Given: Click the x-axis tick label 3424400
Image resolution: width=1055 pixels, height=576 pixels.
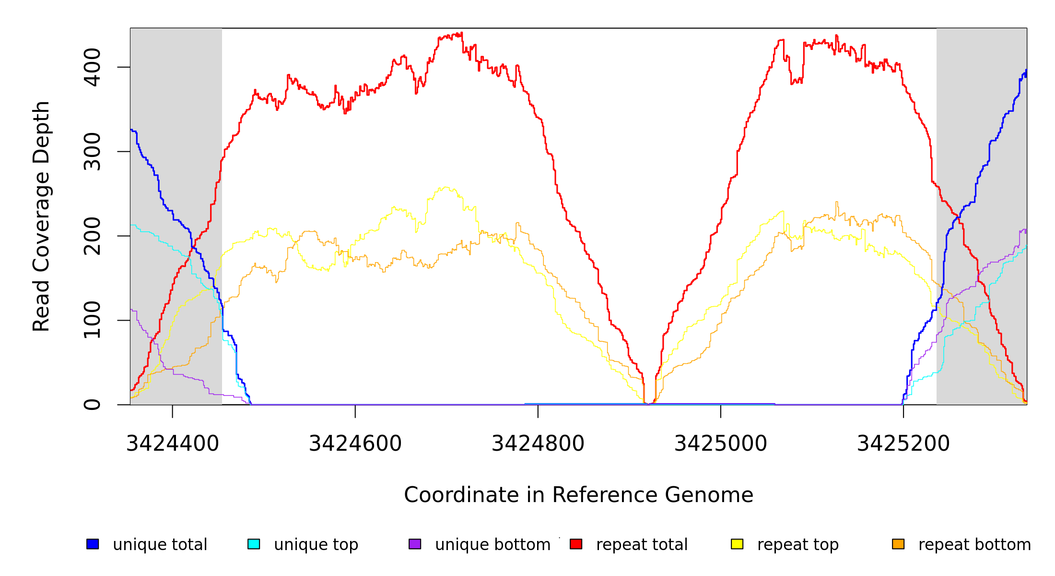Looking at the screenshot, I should [x=172, y=444].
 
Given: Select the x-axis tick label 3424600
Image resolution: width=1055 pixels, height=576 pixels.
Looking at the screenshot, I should [x=355, y=444].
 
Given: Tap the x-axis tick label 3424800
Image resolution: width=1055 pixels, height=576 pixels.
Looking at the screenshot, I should [x=538, y=444].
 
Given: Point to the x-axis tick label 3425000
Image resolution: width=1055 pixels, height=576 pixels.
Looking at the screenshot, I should [x=720, y=444].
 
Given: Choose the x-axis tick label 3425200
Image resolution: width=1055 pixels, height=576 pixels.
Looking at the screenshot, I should [x=903, y=444].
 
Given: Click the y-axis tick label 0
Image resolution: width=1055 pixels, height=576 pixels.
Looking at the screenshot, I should [x=92, y=405].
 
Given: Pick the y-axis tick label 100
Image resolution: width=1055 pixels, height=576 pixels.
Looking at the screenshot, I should [x=92, y=320].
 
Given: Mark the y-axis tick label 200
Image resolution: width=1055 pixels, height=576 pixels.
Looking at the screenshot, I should [x=92, y=236].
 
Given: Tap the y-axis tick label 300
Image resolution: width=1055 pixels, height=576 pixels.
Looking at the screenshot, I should [x=92, y=152].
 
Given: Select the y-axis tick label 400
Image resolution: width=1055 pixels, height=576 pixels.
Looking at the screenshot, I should [x=92, y=67].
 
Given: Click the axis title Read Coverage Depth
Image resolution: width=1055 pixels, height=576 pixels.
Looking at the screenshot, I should [x=41, y=216].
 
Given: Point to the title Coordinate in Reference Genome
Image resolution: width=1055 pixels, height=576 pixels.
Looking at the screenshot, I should [x=578, y=495].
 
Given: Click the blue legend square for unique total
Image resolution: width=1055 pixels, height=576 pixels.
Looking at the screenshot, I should [x=93, y=544].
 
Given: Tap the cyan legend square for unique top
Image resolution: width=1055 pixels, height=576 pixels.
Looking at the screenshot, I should [x=254, y=544].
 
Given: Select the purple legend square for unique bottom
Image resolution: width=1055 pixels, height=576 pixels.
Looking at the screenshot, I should [x=415, y=544].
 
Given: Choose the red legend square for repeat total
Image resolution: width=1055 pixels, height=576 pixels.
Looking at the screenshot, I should [x=576, y=544].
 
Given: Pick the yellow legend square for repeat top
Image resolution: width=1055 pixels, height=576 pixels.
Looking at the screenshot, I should [x=737, y=544].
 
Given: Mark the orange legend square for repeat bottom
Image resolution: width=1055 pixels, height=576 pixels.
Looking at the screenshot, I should [x=898, y=544].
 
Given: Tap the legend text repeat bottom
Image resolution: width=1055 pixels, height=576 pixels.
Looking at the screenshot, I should [x=974, y=545].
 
